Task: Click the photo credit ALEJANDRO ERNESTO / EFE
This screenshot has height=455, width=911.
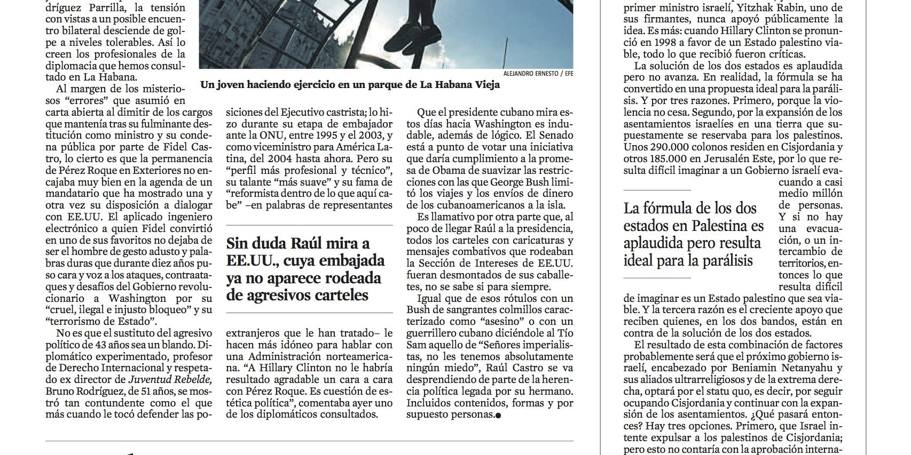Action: click(538, 74)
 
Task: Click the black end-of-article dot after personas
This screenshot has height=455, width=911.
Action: click(498, 416)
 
